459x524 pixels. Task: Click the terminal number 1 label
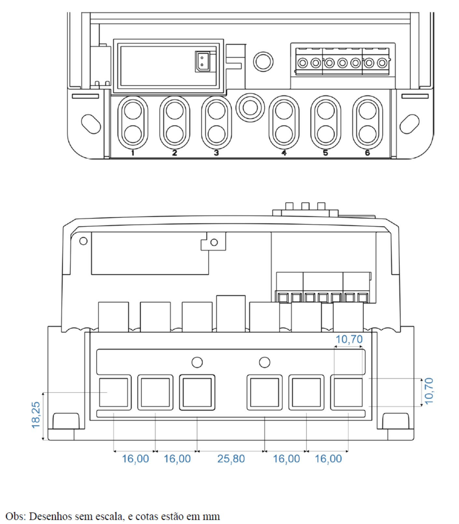pyautogui.click(x=132, y=153)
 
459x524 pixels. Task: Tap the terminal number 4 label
pyautogui.click(x=284, y=153)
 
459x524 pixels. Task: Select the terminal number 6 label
pyautogui.click(x=367, y=153)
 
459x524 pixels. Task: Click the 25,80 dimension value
pyautogui.click(x=231, y=459)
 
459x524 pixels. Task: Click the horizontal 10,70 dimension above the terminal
pyautogui.click(x=349, y=339)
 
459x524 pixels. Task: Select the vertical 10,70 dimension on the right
pyautogui.click(x=429, y=391)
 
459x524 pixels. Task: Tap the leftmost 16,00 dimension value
pyautogui.click(x=135, y=459)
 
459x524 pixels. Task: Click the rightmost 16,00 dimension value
pyautogui.click(x=328, y=459)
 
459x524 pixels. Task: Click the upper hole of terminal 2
pyautogui.click(x=174, y=111)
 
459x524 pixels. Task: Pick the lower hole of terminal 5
pyautogui.click(x=326, y=134)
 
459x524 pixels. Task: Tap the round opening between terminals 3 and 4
pyautogui.click(x=250, y=108)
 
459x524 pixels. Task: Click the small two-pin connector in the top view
pyautogui.click(x=202, y=62)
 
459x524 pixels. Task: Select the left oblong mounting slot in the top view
pyautogui.click(x=91, y=124)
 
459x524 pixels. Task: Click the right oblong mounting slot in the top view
pyautogui.click(x=410, y=124)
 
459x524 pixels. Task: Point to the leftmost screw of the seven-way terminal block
pyautogui.click(x=302, y=63)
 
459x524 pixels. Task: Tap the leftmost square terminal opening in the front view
pyautogui.click(x=113, y=392)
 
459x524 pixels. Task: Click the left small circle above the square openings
pyautogui.click(x=197, y=362)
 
